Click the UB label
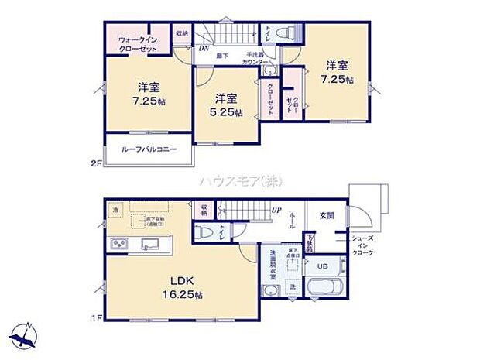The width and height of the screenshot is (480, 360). [x=324, y=266]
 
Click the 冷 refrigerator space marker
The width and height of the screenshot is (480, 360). [x=115, y=210]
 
